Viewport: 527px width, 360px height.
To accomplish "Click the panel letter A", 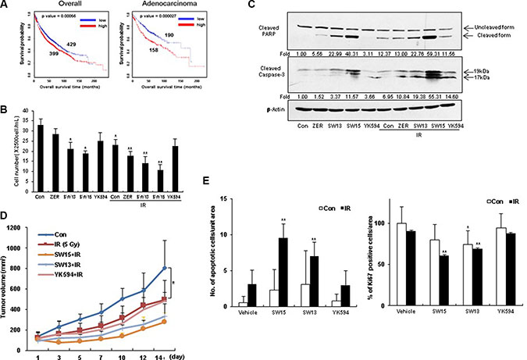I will [7, 6].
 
